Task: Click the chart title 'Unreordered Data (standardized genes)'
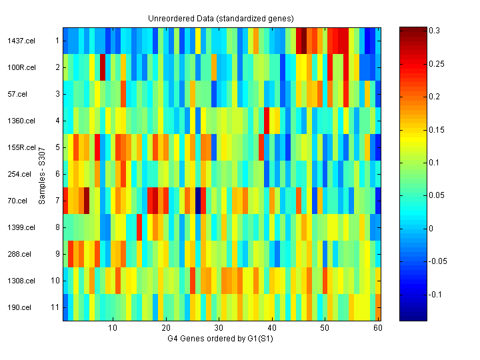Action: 221,18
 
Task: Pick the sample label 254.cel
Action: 19,174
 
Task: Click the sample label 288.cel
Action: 19,254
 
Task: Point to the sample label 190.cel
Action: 19,307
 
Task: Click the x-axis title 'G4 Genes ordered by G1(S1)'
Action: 221,339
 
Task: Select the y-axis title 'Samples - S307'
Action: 41,174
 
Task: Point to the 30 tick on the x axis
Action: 219,328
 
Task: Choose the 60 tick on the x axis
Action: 377,328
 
